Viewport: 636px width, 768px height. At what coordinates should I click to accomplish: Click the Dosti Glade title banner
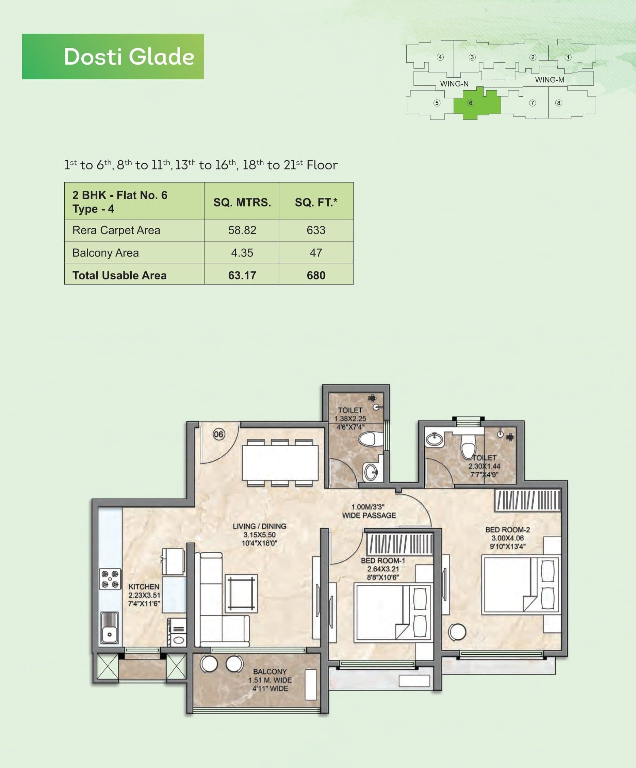coord(113,57)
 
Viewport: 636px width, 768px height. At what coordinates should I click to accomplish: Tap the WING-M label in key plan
coord(549,80)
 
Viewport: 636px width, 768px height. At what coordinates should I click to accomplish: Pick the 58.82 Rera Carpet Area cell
coord(242,230)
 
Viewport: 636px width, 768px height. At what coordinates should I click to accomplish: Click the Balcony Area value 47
coord(316,253)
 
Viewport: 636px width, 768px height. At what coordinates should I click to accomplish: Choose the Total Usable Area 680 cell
coord(316,275)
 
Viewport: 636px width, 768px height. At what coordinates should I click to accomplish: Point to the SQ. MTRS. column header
coord(242,202)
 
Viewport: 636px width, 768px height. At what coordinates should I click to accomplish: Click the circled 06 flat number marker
coord(219,434)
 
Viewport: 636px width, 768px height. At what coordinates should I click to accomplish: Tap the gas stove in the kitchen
coord(110,579)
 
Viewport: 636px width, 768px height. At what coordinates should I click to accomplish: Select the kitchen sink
coord(109,627)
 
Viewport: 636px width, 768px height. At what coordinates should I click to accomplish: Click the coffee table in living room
coord(241,593)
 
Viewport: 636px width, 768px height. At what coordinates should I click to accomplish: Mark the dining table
coord(280,463)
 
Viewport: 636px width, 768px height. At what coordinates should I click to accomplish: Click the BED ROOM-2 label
coord(507,529)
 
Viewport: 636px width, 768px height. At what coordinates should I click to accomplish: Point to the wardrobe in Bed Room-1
coord(400,544)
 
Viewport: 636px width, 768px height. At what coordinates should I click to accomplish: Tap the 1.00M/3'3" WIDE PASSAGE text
coord(369,511)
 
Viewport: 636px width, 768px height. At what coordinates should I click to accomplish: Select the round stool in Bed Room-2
coord(457,632)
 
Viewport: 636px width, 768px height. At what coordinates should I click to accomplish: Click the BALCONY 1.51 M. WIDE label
coord(270,680)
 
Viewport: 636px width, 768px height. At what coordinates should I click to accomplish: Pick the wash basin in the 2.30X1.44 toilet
coord(434,439)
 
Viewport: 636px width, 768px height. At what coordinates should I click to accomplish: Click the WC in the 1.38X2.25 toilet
coord(369,439)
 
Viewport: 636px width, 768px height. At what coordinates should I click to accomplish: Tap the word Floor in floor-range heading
coord(322,165)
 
